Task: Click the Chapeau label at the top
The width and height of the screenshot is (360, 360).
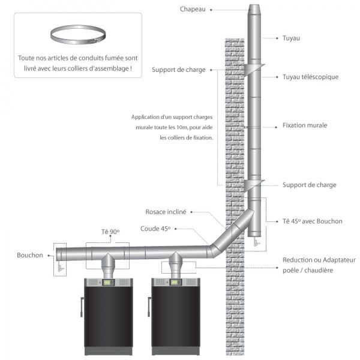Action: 192,9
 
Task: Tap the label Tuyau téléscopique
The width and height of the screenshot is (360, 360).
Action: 311,77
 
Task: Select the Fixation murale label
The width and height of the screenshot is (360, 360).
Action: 304,126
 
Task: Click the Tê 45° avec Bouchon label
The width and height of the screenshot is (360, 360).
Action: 312,221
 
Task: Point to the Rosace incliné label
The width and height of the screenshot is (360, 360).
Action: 166,212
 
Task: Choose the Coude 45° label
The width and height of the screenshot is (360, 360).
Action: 156,229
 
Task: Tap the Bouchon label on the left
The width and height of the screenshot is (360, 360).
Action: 30,255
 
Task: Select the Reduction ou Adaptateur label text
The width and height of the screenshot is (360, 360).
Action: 319,260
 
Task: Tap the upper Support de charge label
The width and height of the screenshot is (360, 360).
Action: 179,70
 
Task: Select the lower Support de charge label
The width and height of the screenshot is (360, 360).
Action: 309,185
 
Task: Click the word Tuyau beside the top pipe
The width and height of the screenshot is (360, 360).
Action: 291,38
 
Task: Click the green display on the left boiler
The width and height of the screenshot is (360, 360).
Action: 109,283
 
